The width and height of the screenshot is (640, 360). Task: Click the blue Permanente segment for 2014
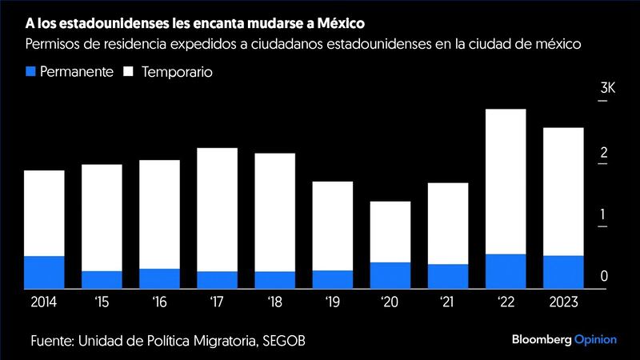[44, 272]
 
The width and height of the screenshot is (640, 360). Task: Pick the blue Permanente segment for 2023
[563, 272]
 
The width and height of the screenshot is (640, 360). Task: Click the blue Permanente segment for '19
[333, 279]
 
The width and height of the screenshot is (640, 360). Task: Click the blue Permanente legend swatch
[32, 71]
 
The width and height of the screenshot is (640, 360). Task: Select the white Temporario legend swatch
[127, 71]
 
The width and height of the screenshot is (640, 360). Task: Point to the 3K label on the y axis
[607, 89]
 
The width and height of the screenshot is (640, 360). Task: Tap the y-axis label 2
[605, 152]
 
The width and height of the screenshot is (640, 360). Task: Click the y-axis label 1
[605, 214]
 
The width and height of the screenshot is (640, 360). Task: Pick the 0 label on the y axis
[605, 277]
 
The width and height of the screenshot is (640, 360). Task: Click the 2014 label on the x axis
[44, 302]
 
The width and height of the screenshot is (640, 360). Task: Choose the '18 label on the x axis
[274, 302]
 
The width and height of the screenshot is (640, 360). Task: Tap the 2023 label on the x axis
[563, 302]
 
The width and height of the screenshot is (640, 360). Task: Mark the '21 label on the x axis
[447, 302]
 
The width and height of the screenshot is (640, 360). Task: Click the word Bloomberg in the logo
[541, 341]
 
